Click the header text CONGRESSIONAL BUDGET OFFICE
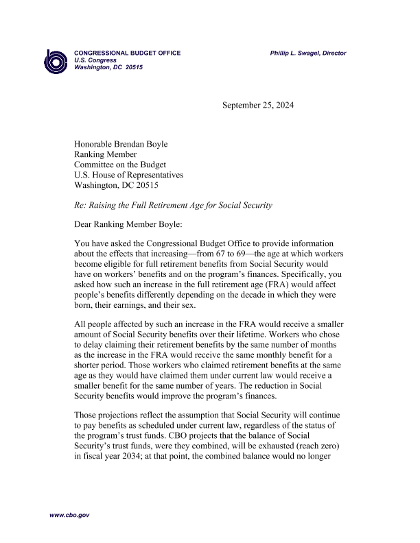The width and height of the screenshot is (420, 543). click(128, 53)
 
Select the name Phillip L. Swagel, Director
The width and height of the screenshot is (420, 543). click(308, 53)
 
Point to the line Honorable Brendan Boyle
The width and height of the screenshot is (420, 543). click(121, 144)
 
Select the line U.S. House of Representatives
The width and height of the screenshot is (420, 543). click(129, 175)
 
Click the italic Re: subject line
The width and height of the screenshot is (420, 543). click(173, 205)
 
